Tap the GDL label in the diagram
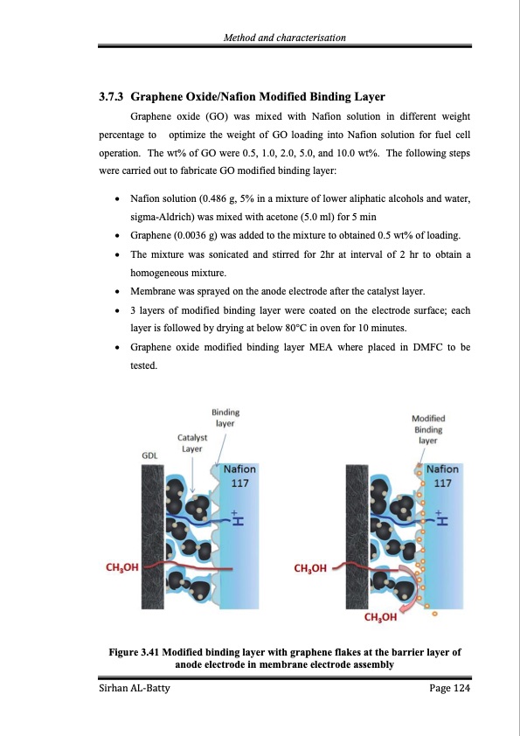pyautogui.click(x=149, y=455)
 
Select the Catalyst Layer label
pyautogui.click(x=191, y=442)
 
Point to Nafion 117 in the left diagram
pyautogui.click(x=240, y=476)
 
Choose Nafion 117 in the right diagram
pyautogui.click(x=443, y=476)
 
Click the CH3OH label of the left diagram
pyautogui.click(x=121, y=568)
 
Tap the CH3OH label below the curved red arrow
pyautogui.click(x=379, y=616)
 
